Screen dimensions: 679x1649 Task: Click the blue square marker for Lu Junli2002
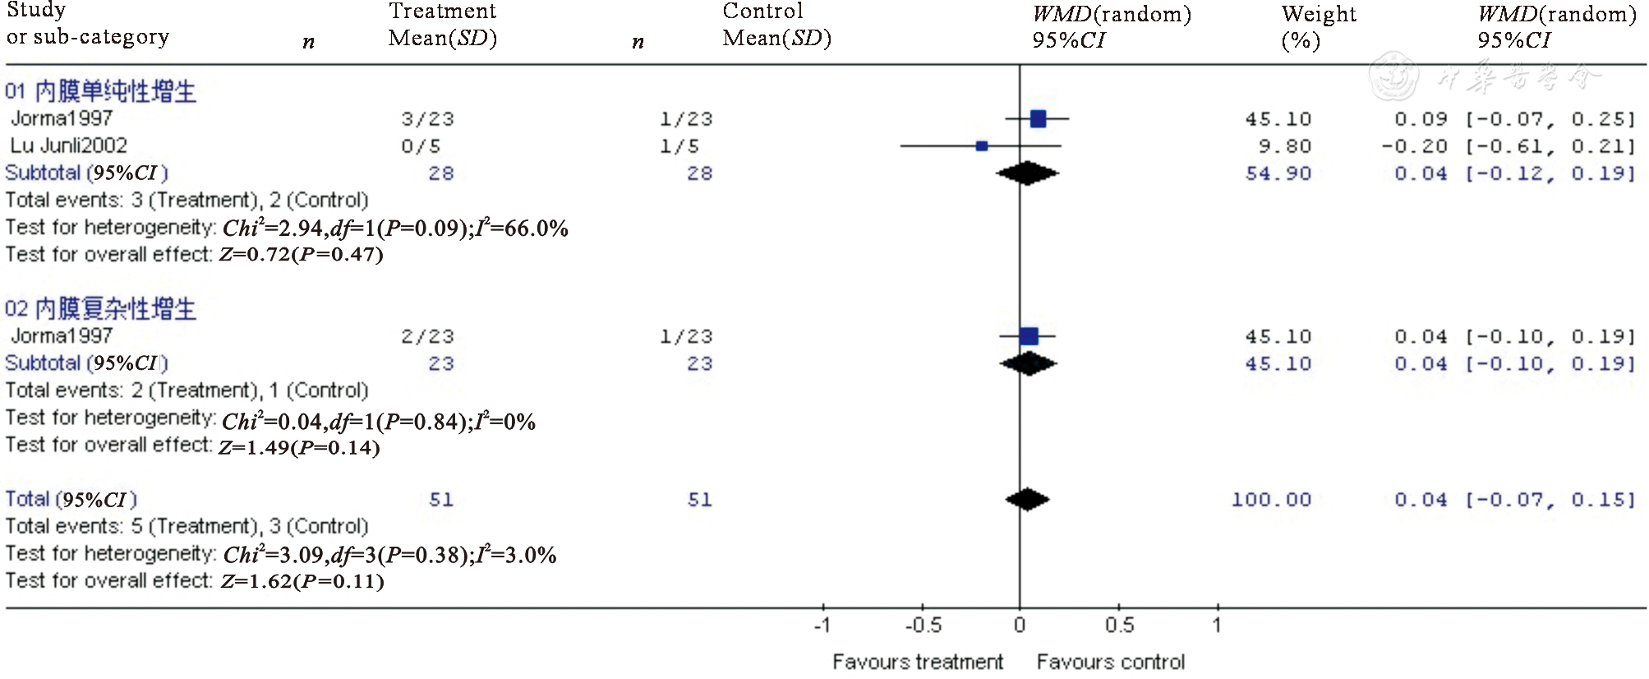point(981,146)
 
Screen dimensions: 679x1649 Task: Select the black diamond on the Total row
point(1027,499)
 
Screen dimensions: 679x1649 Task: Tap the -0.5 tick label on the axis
point(924,626)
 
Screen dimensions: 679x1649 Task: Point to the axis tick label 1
point(1217,626)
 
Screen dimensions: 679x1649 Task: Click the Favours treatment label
point(917,662)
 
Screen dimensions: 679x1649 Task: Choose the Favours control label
point(1110,662)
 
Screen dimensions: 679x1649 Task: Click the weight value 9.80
point(1284,146)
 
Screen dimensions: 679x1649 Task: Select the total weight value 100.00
point(1271,500)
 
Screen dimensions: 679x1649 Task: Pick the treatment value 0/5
point(421,146)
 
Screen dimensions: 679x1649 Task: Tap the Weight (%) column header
point(1318,27)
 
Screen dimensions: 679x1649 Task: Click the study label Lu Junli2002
point(69,145)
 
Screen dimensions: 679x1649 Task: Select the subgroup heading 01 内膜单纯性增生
point(100,91)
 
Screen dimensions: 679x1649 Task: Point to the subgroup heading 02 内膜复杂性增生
point(100,309)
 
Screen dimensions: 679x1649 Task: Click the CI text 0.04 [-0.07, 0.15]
point(1514,500)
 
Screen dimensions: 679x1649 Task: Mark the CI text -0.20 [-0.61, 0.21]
point(1508,146)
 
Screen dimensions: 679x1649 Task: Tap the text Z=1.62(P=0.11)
point(302,581)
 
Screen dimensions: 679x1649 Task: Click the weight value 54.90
point(1278,173)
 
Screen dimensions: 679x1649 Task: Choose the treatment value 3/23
point(427,119)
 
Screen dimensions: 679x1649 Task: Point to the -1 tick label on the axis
point(822,626)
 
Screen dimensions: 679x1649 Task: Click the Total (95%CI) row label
point(71,499)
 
